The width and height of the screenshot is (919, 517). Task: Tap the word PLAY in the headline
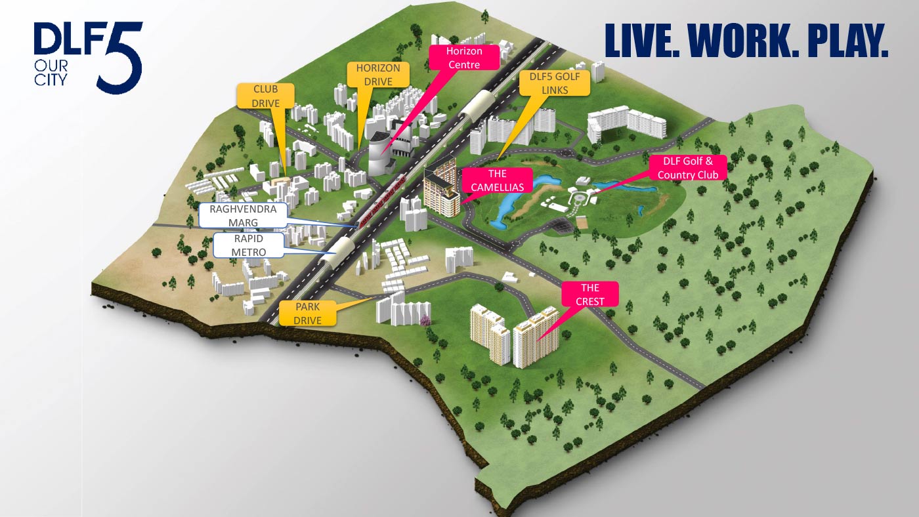tap(847, 41)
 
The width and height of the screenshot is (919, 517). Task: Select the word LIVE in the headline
tap(642, 41)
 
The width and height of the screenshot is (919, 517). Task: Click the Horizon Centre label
tap(463, 58)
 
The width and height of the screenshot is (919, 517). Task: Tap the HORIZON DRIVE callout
tap(378, 75)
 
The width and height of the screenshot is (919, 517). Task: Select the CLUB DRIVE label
tap(266, 96)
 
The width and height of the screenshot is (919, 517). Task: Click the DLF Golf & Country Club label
tap(687, 167)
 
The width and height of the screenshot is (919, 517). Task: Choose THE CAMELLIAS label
tap(497, 180)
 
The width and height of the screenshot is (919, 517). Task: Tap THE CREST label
tap(589, 295)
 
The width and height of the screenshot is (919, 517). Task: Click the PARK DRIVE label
tap(308, 313)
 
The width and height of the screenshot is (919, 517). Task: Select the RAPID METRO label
tap(249, 246)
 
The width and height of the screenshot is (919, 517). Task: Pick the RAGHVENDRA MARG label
tap(244, 215)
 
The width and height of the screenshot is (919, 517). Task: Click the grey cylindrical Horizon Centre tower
tap(379, 154)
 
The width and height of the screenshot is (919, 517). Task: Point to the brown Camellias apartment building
tap(440, 190)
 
